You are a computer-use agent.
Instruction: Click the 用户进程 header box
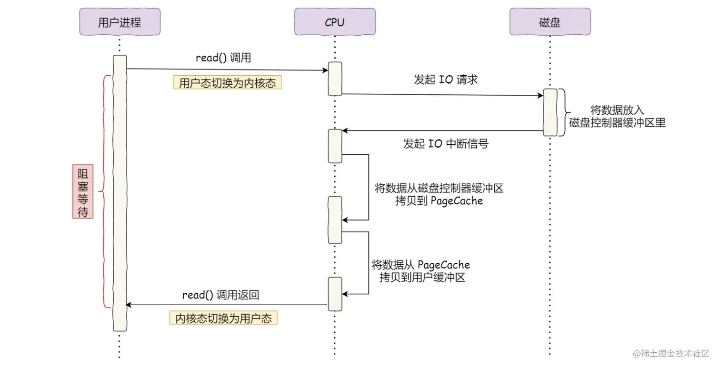[x=120, y=22]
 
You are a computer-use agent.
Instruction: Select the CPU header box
[x=334, y=22]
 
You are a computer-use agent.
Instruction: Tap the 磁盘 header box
[x=550, y=22]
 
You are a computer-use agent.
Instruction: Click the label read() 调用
[x=223, y=58]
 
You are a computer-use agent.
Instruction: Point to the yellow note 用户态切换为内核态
[x=227, y=83]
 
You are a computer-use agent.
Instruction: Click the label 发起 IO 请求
[x=446, y=80]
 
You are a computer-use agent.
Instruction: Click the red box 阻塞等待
[x=83, y=191]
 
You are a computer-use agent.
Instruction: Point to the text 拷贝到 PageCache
[x=439, y=201]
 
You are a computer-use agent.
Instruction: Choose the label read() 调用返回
[x=220, y=295]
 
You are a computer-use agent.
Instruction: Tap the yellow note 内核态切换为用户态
[x=223, y=319]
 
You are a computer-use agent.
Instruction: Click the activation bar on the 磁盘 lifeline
[x=550, y=112]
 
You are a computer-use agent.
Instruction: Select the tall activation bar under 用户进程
[x=120, y=193]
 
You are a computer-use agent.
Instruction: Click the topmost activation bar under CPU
[x=335, y=79]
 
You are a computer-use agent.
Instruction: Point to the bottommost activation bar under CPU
[x=335, y=294]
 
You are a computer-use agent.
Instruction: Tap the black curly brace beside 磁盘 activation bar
[x=563, y=112]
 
